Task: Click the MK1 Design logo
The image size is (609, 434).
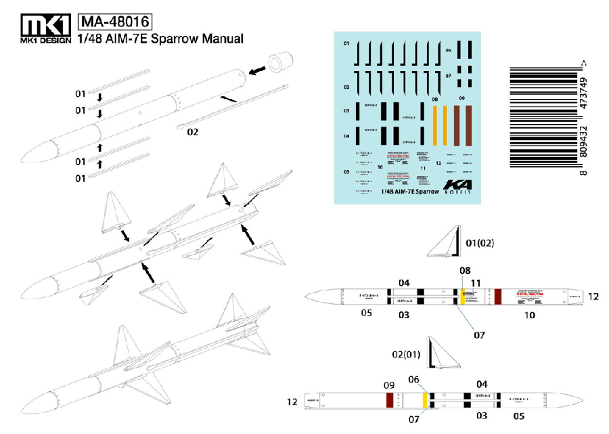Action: [x=45, y=29]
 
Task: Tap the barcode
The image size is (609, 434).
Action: [x=541, y=120]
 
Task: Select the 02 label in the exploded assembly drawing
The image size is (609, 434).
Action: [x=192, y=132]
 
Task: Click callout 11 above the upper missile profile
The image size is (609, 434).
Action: [x=476, y=282]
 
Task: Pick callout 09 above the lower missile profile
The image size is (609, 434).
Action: [x=388, y=385]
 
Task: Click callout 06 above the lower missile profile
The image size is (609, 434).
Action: [x=414, y=381]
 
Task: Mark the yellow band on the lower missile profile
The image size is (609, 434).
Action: [x=425, y=399]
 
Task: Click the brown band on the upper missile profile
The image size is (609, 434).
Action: [x=498, y=297]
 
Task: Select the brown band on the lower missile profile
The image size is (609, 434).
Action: [x=389, y=399]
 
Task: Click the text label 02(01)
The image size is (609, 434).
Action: [x=406, y=353]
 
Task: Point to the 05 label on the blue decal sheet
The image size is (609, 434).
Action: [x=346, y=171]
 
